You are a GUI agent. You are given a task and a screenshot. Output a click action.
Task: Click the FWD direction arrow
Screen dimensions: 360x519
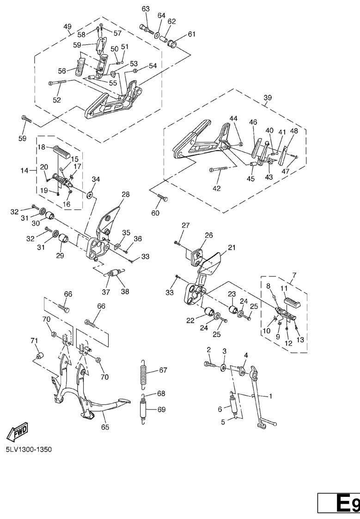point(18,432)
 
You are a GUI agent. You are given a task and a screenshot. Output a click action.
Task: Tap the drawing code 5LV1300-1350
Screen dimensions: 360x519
point(29,450)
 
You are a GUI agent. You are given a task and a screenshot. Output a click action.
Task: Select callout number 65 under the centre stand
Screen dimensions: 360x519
point(105,427)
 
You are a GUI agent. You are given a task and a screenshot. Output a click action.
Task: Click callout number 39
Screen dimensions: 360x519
point(268,98)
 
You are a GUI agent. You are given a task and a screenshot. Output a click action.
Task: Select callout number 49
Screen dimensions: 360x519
point(67,26)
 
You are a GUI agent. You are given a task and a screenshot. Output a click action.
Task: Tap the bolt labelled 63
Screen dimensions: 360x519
point(146,29)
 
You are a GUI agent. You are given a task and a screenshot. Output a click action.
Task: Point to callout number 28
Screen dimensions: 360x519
point(125,194)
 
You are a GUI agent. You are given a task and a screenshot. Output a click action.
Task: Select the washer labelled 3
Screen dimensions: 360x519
point(224,367)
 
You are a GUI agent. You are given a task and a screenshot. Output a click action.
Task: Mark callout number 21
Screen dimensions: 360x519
point(232,248)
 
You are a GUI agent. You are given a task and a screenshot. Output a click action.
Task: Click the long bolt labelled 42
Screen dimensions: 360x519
point(219,170)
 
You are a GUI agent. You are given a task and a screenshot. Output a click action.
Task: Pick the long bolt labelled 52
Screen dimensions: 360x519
point(58,82)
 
